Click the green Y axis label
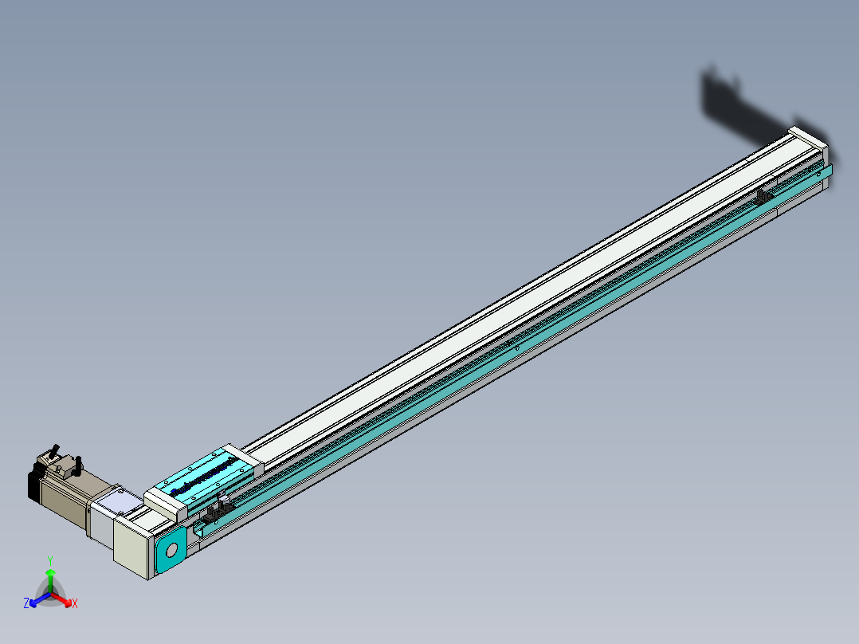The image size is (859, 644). (x=50, y=560)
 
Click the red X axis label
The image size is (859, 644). (x=75, y=603)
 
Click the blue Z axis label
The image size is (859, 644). (x=26, y=603)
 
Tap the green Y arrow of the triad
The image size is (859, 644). (x=50, y=578)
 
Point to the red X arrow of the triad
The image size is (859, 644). (x=63, y=599)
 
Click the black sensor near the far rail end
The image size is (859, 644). (x=764, y=194)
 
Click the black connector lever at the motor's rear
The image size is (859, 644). (x=55, y=451)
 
